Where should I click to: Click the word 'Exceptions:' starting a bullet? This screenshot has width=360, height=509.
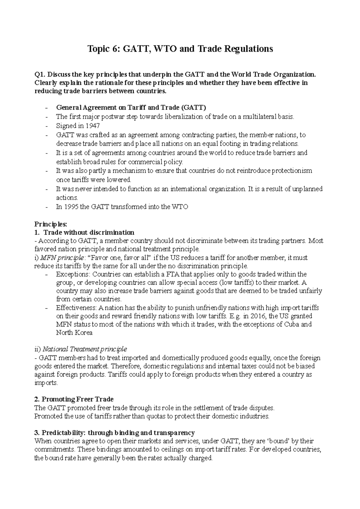pos(73,274)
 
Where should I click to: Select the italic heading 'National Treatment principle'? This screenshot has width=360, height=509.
pos(85,349)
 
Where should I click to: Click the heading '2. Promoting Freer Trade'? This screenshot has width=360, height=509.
pos(74,399)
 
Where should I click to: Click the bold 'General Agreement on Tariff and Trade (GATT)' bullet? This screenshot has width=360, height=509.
pos(131,108)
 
